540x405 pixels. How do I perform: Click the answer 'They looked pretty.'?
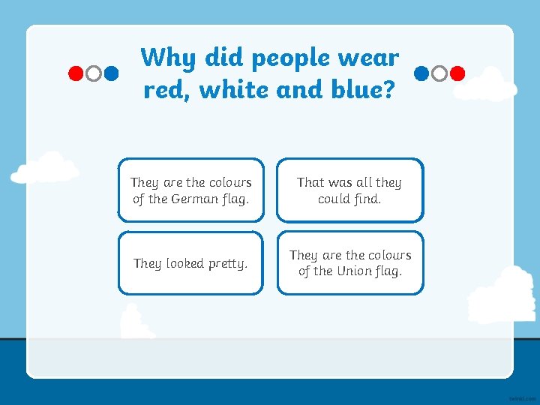(190, 263)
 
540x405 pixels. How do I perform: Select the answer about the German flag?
(190, 190)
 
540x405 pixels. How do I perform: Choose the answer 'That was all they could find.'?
(349, 190)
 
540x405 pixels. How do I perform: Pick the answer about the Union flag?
(349, 263)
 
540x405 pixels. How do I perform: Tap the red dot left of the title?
(76, 73)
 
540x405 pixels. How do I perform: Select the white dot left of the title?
(94, 73)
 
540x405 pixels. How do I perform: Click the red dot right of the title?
(458, 73)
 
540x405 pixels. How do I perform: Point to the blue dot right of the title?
(421, 73)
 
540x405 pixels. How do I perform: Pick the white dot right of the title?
(439, 73)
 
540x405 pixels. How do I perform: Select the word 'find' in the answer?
(364, 199)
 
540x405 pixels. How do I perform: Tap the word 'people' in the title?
(290, 58)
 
